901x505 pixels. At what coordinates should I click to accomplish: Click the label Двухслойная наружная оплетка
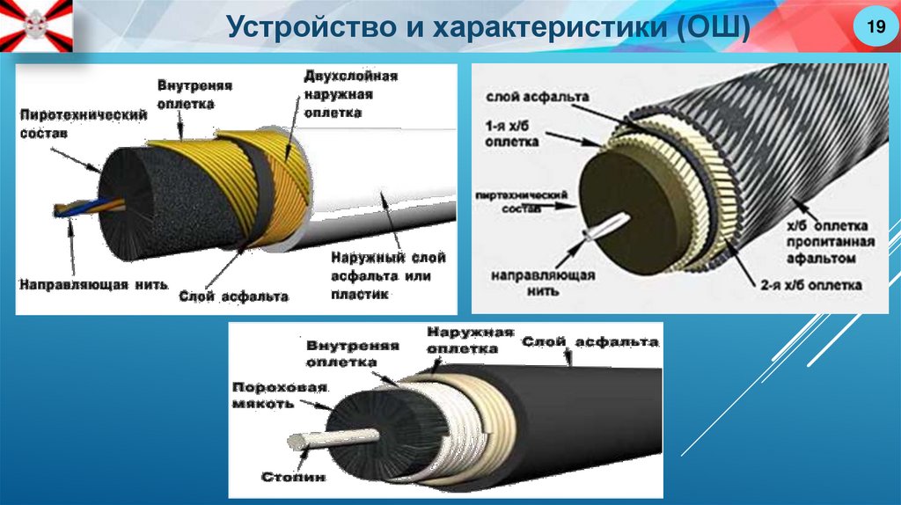[x=350, y=94]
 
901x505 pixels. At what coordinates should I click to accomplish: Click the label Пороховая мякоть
[x=280, y=395]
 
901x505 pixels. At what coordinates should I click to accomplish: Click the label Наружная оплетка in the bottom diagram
[x=469, y=340]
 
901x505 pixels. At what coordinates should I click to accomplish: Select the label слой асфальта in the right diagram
[x=525, y=96]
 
